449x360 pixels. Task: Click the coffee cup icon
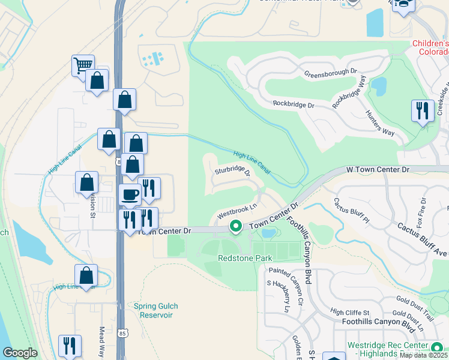coord(130,194)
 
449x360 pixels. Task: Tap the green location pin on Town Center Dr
coord(236,227)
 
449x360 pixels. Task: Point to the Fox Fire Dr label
coord(423,208)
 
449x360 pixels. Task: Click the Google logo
coord(20,353)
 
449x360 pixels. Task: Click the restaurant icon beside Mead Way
coord(70,346)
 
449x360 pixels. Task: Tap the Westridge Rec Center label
coord(397,347)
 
